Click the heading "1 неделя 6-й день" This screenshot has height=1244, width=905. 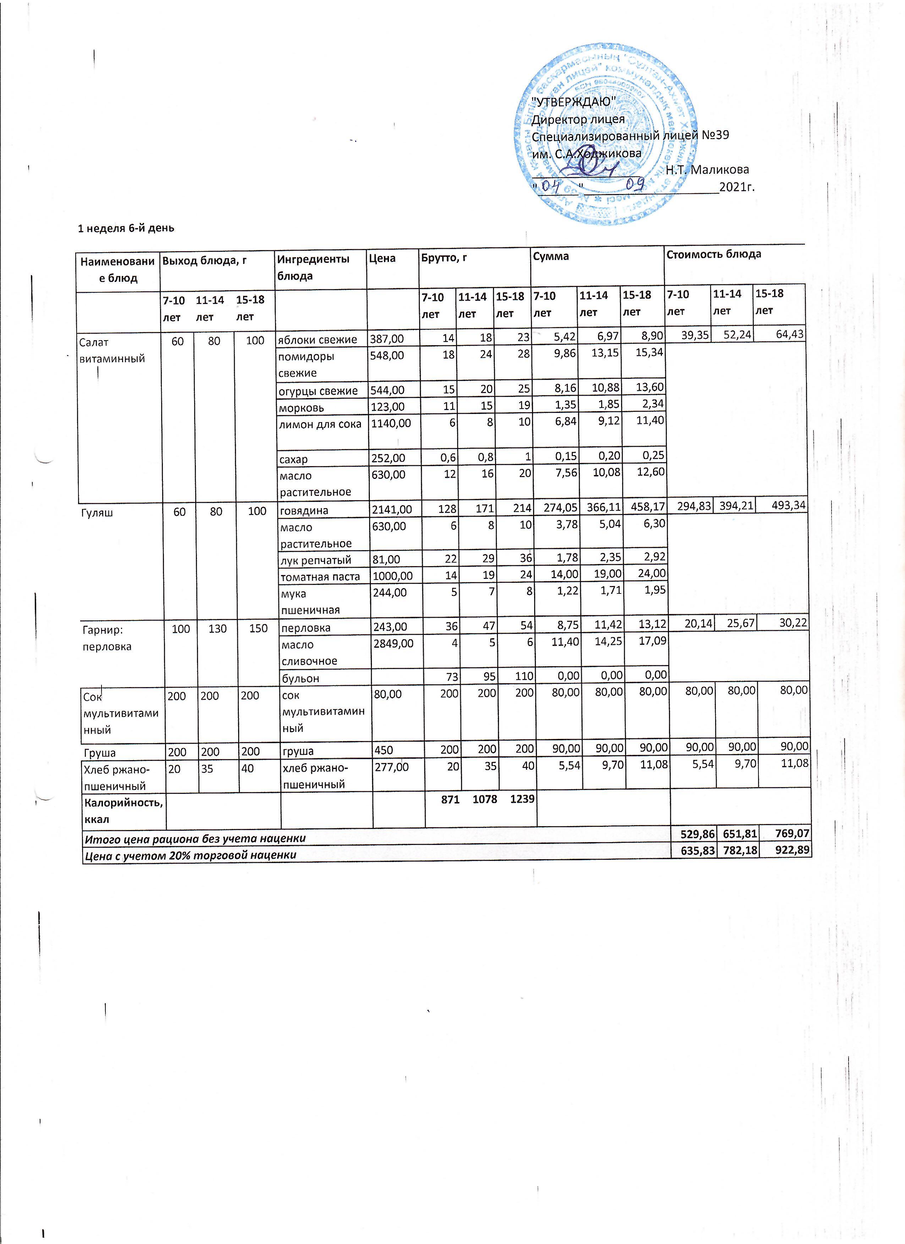(x=126, y=228)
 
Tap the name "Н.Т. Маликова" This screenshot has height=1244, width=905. (x=707, y=170)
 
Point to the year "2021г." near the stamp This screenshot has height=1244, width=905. (x=736, y=187)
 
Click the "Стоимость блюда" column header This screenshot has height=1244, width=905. (x=713, y=254)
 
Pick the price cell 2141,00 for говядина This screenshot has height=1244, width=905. (x=392, y=510)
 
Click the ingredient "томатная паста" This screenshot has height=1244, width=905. (x=320, y=576)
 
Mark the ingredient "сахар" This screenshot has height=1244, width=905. (x=294, y=459)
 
